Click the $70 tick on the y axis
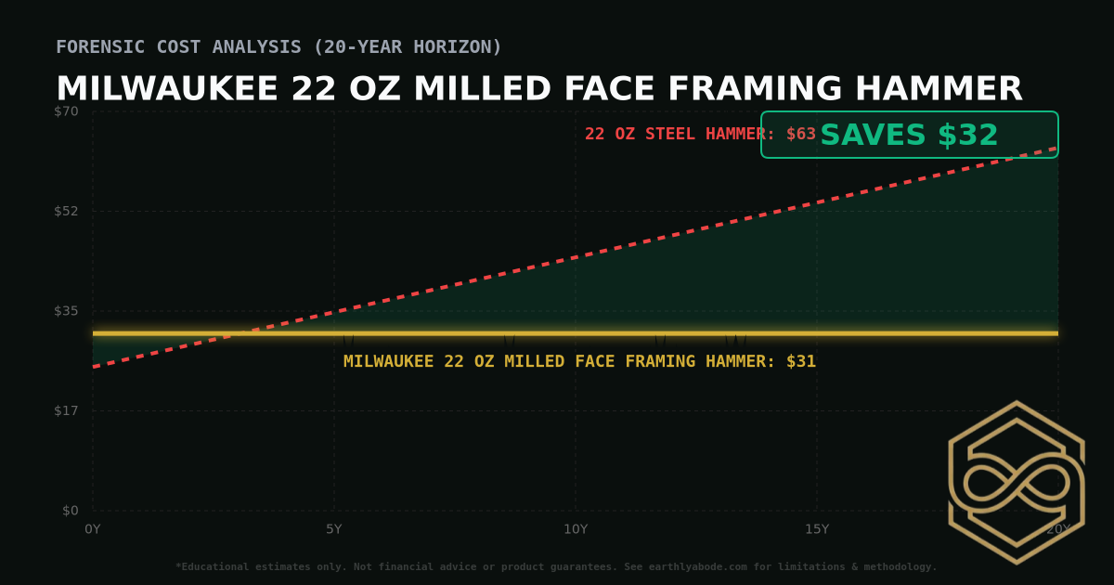pyautogui.click(x=66, y=111)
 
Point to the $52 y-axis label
pyautogui.click(x=66, y=211)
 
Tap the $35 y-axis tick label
pyautogui.click(x=66, y=310)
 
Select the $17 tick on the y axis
pyautogui.click(x=66, y=410)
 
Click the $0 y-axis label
pyautogui.click(x=70, y=510)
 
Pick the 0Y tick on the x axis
pyautogui.click(x=93, y=529)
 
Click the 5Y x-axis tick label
pyautogui.click(x=334, y=529)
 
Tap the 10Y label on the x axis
pyautogui.click(x=576, y=529)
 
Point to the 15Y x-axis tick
pyautogui.click(x=817, y=529)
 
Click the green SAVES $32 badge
pyautogui.click(x=909, y=136)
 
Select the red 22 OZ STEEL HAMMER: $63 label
pyautogui.click(x=700, y=134)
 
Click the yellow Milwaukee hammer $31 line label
pyautogui.click(x=579, y=361)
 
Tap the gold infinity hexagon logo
pyautogui.click(x=1016, y=482)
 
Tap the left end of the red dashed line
pyautogui.click(x=94, y=367)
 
